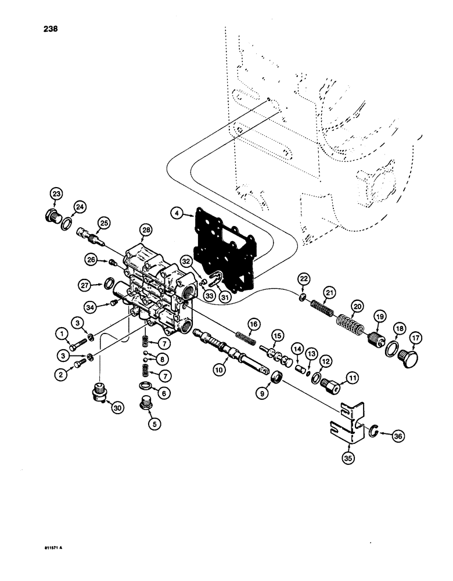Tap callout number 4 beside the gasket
(177, 214)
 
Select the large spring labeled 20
(349, 323)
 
